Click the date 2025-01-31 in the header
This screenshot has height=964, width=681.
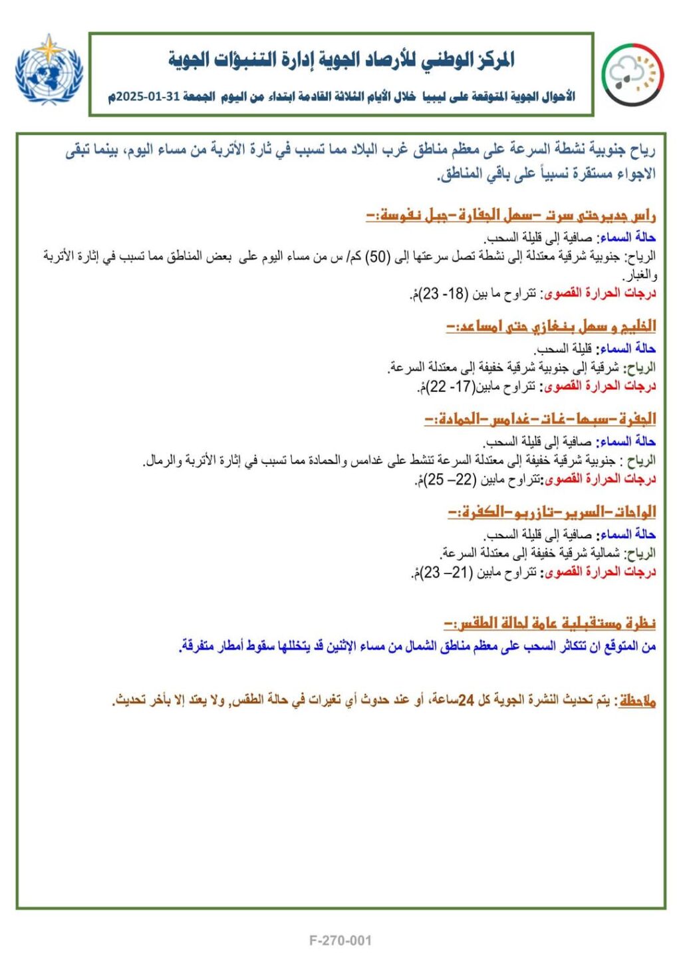150,97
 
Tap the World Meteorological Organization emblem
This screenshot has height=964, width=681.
49,69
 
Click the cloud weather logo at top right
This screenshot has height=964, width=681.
632,75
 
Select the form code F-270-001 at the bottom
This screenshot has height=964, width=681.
340,940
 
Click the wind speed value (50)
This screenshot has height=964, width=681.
378,257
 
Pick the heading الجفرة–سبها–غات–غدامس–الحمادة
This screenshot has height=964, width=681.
540,419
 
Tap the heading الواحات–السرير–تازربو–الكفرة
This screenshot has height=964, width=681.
552,512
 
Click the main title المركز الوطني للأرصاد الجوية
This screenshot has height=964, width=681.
342,60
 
